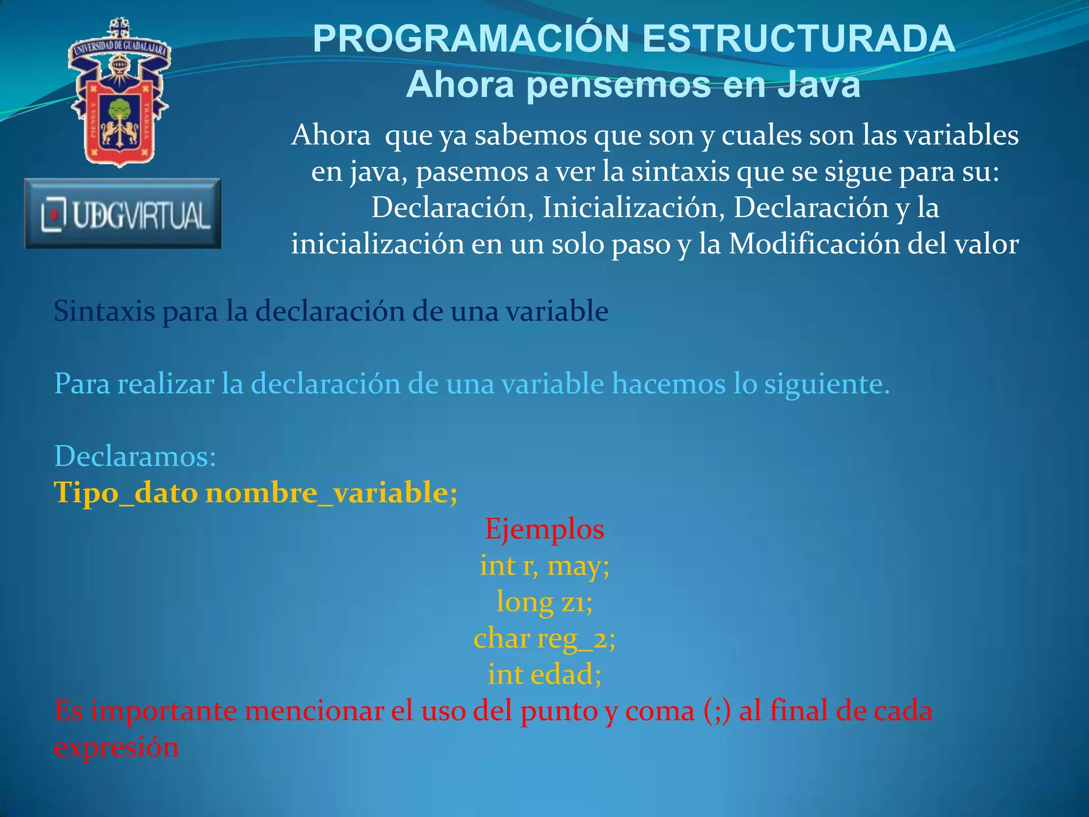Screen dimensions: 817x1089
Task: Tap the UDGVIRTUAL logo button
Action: pos(123,214)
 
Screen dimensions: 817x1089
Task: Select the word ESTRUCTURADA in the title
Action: pos(799,39)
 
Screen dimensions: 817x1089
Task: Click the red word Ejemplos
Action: pos(544,529)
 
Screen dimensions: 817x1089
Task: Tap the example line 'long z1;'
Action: pos(544,602)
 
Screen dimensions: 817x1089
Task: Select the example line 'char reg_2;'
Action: pos(544,638)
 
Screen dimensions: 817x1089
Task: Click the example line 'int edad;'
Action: pos(544,674)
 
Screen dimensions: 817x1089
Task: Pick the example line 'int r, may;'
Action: pos(544,565)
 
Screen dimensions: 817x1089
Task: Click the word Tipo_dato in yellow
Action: pos(126,493)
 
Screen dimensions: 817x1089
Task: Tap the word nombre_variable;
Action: pos(331,493)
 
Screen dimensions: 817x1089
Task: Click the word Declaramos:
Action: pos(136,456)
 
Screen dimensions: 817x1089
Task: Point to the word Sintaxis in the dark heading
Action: pos(104,311)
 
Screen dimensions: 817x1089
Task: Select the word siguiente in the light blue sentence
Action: pos(826,384)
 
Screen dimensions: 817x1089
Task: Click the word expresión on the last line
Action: pos(116,748)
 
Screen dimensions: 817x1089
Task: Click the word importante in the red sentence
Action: pos(163,712)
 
